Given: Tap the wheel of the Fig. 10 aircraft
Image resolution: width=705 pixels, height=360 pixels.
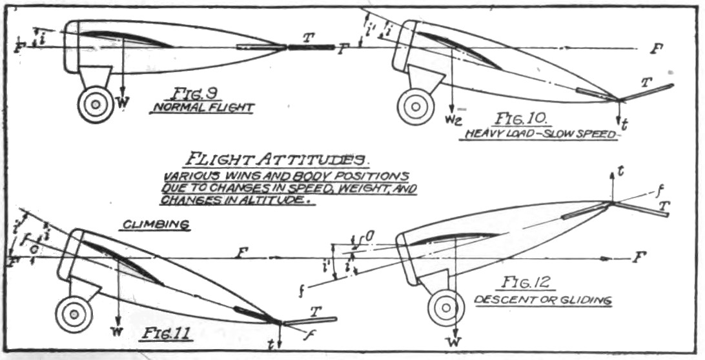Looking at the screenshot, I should (415, 106).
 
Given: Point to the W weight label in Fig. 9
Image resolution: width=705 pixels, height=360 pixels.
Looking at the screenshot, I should (119, 103).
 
